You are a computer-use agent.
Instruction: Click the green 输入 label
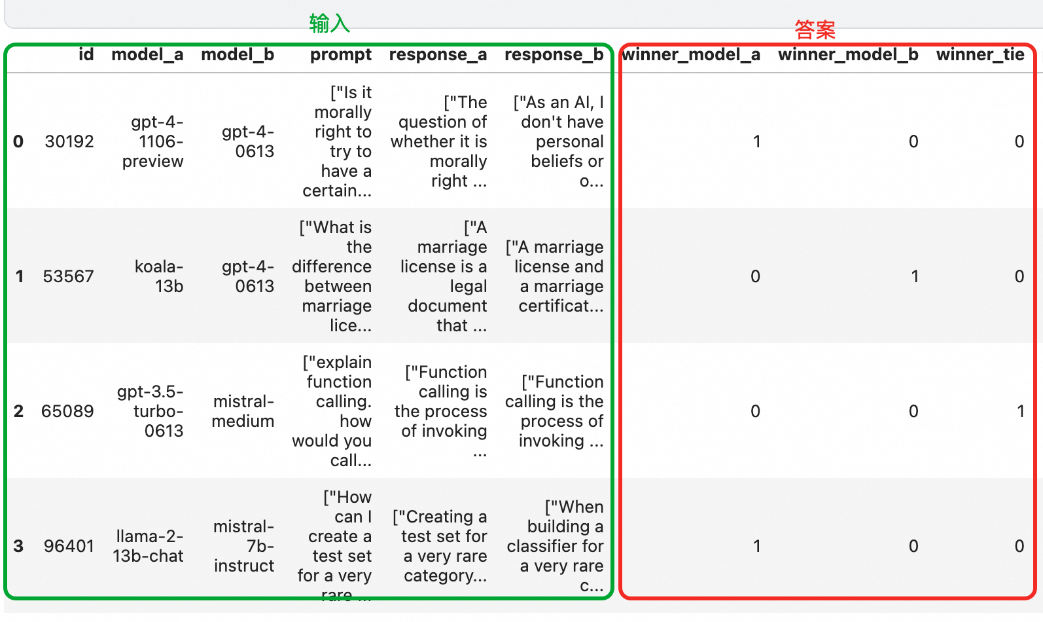329,24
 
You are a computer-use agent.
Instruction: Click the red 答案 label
815,29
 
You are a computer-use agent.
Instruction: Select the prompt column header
340,55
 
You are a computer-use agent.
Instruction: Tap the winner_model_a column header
690,55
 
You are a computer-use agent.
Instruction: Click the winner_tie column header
980,55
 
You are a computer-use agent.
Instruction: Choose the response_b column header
554,55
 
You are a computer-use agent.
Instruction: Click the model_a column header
147,55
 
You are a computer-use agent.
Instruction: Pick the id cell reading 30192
69,141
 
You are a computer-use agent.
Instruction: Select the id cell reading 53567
69,276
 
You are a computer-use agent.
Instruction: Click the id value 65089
67,411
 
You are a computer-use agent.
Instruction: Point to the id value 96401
69,546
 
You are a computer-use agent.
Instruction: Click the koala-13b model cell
159,276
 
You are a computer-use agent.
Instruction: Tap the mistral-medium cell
243,411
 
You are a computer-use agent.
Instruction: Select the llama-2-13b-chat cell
149,546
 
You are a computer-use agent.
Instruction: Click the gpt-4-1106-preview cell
153,141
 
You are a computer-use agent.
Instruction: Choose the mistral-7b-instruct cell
243,546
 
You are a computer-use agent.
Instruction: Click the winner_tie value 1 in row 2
1020,411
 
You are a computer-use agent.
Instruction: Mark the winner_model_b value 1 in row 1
915,276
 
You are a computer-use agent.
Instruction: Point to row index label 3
18,546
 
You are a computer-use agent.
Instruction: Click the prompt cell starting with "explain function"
334,411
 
